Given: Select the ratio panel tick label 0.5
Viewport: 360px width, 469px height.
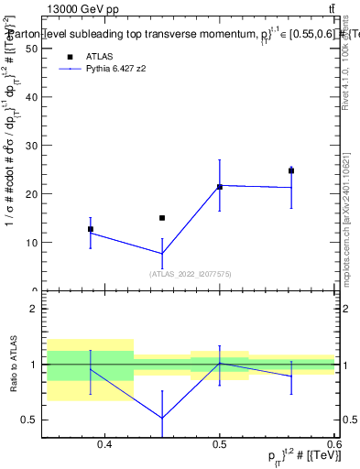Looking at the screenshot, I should tap(30, 420).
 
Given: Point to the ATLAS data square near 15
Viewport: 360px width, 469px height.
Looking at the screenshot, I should tap(162, 218).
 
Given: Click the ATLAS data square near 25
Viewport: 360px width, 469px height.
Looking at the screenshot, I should tap(291, 170).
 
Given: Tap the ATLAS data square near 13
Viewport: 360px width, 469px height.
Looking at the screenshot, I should tap(91, 229).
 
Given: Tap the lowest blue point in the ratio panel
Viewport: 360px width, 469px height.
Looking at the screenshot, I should tap(162, 419).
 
